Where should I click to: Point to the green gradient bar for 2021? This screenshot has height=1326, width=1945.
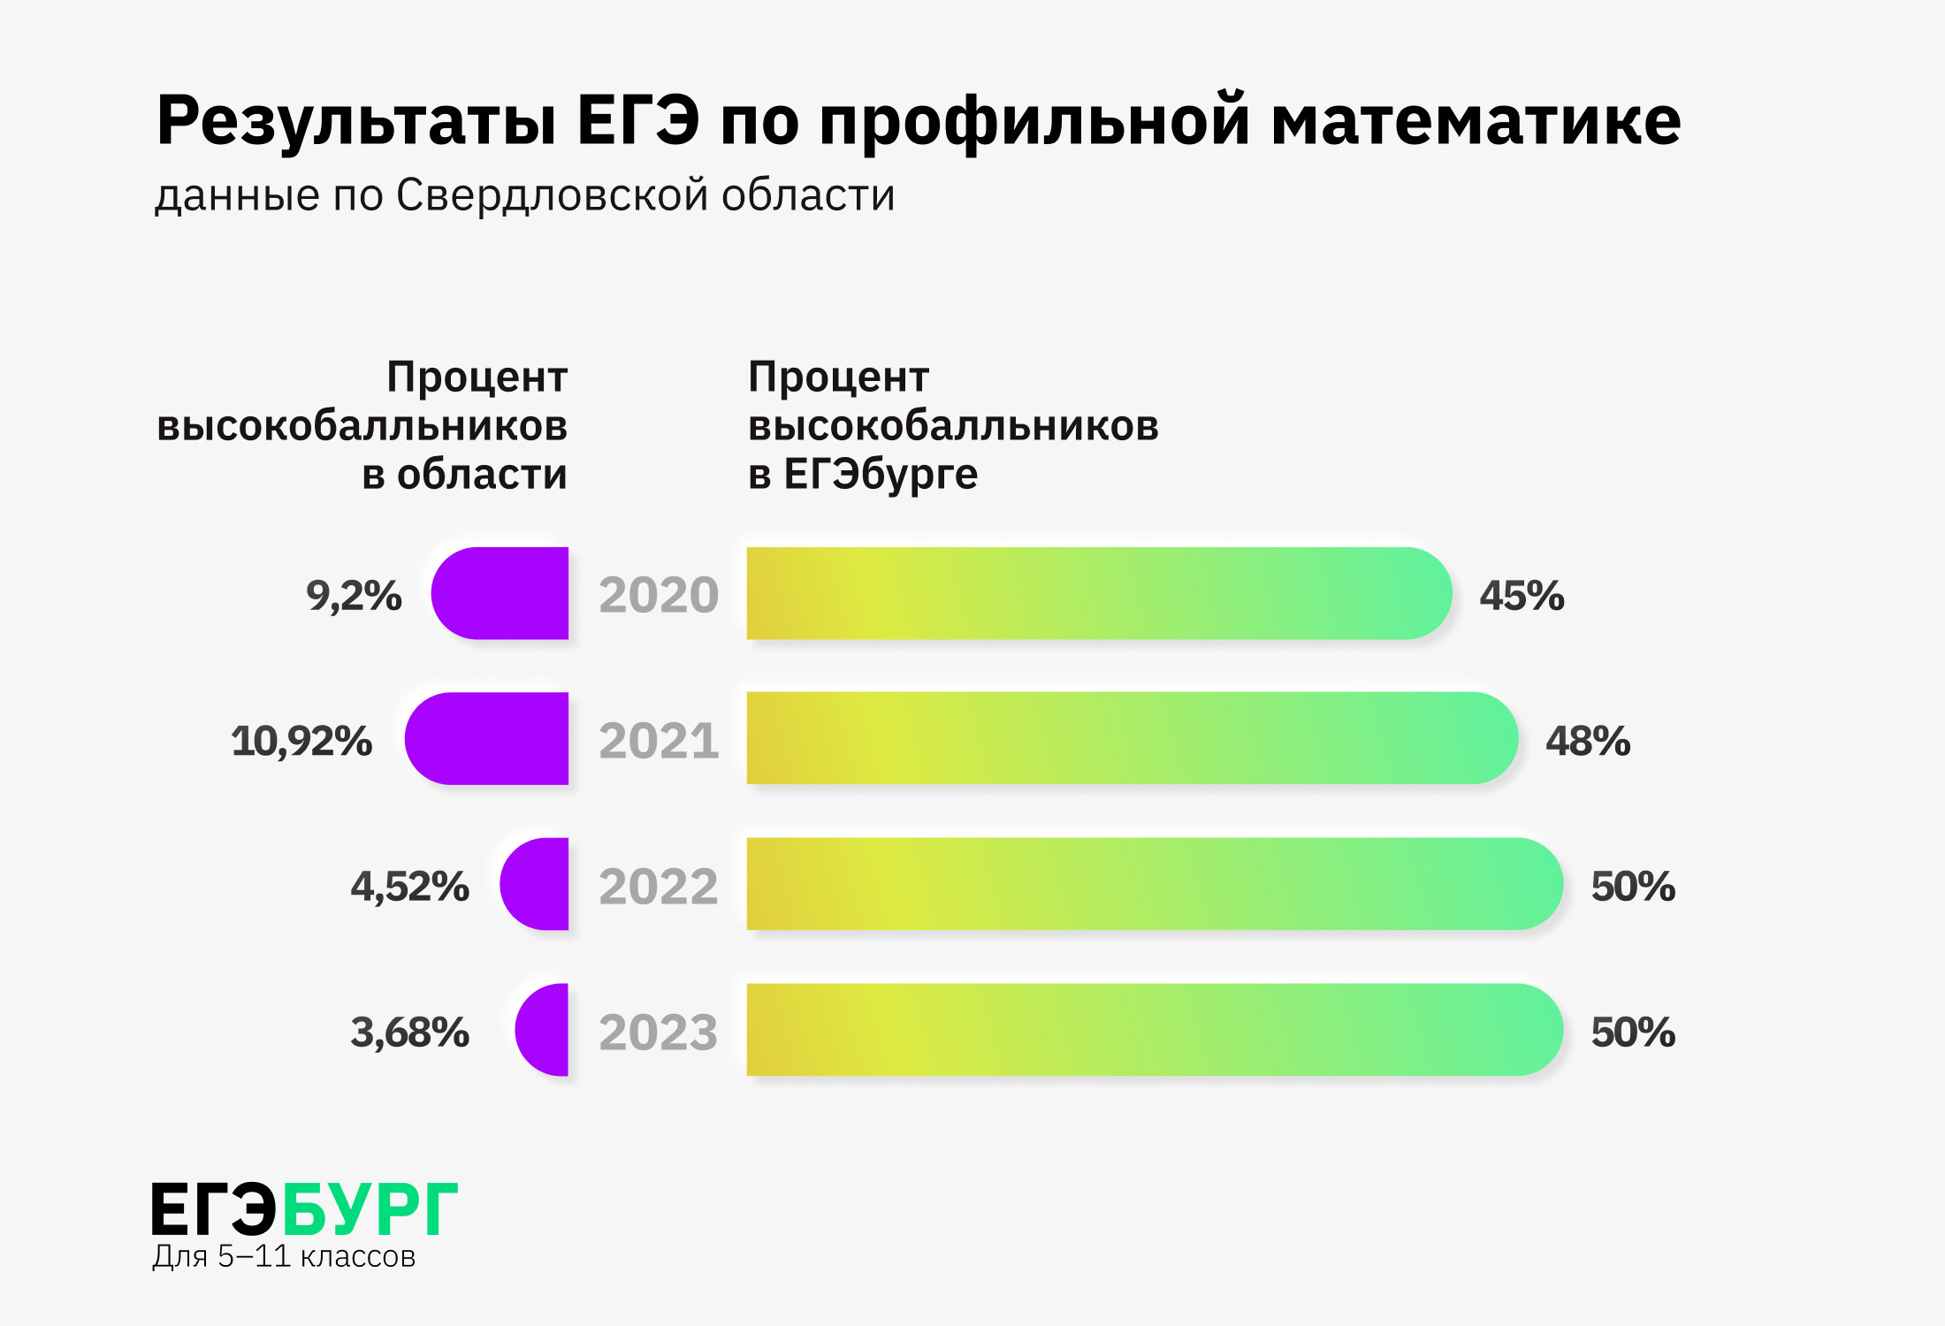[x=1132, y=738]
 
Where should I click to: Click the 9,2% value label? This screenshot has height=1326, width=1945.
[x=354, y=596]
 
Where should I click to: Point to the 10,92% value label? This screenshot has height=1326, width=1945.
[x=301, y=741]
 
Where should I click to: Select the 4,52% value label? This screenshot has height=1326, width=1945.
[x=409, y=887]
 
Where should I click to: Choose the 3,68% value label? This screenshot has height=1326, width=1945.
[x=409, y=1033]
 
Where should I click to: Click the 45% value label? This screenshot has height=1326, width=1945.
[x=1522, y=596]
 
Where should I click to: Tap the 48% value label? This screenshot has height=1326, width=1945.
[x=1588, y=741]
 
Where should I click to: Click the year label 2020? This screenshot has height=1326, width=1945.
[x=659, y=595]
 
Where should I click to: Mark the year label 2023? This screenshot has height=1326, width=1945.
[x=659, y=1032]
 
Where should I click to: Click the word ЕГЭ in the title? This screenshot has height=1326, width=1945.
[x=638, y=121]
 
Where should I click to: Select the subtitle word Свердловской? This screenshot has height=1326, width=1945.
[x=552, y=195]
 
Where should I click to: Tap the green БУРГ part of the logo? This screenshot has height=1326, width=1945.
[x=370, y=1209]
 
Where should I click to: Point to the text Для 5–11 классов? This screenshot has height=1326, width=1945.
[x=284, y=1256]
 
